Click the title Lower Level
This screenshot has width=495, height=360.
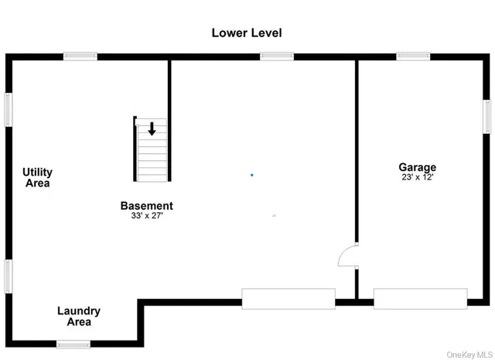pyautogui.click(x=247, y=33)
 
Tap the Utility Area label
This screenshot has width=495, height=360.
pyautogui.click(x=37, y=177)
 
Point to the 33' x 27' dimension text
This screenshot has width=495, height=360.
pyautogui.click(x=146, y=216)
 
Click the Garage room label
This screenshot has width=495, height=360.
pyautogui.click(x=417, y=167)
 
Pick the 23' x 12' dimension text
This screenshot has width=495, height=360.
pyautogui.click(x=417, y=177)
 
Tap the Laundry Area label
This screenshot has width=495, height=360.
pyautogui.click(x=78, y=316)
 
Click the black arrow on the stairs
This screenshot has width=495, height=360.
pyautogui.click(x=152, y=129)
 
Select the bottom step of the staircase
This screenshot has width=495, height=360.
pyautogui.click(x=152, y=177)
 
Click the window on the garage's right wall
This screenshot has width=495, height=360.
pyautogui.click(x=487, y=117)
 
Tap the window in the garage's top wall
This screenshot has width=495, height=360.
pyautogui.click(x=413, y=56)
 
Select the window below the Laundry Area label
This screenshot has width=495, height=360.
pyautogui.click(x=73, y=344)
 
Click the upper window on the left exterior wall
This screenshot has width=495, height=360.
pyautogui.click(x=9, y=110)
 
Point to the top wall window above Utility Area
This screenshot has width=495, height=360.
pyautogui.click(x=80, y=56)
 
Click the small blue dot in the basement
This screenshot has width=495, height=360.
pyautogui.click(x=251, y=175)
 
